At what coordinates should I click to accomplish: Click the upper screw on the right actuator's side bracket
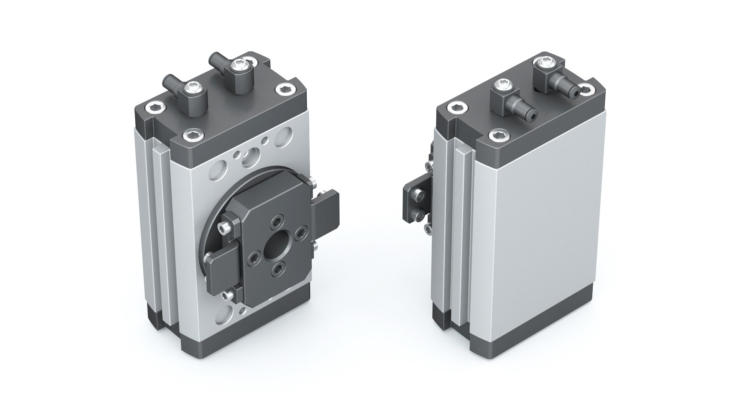coord(421,196)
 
